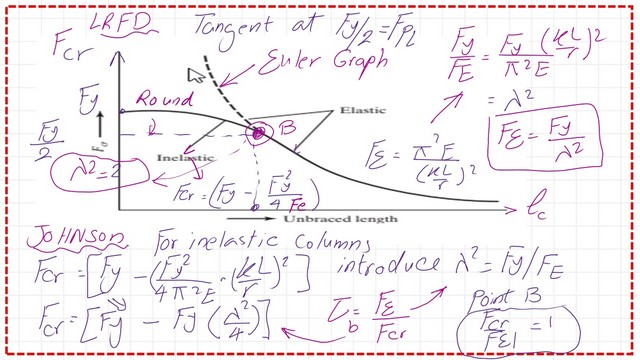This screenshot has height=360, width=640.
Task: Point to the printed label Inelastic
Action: point(183,158)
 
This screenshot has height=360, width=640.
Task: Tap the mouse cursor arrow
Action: point(194,74)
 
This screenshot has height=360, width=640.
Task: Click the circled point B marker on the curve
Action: point(258,132)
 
